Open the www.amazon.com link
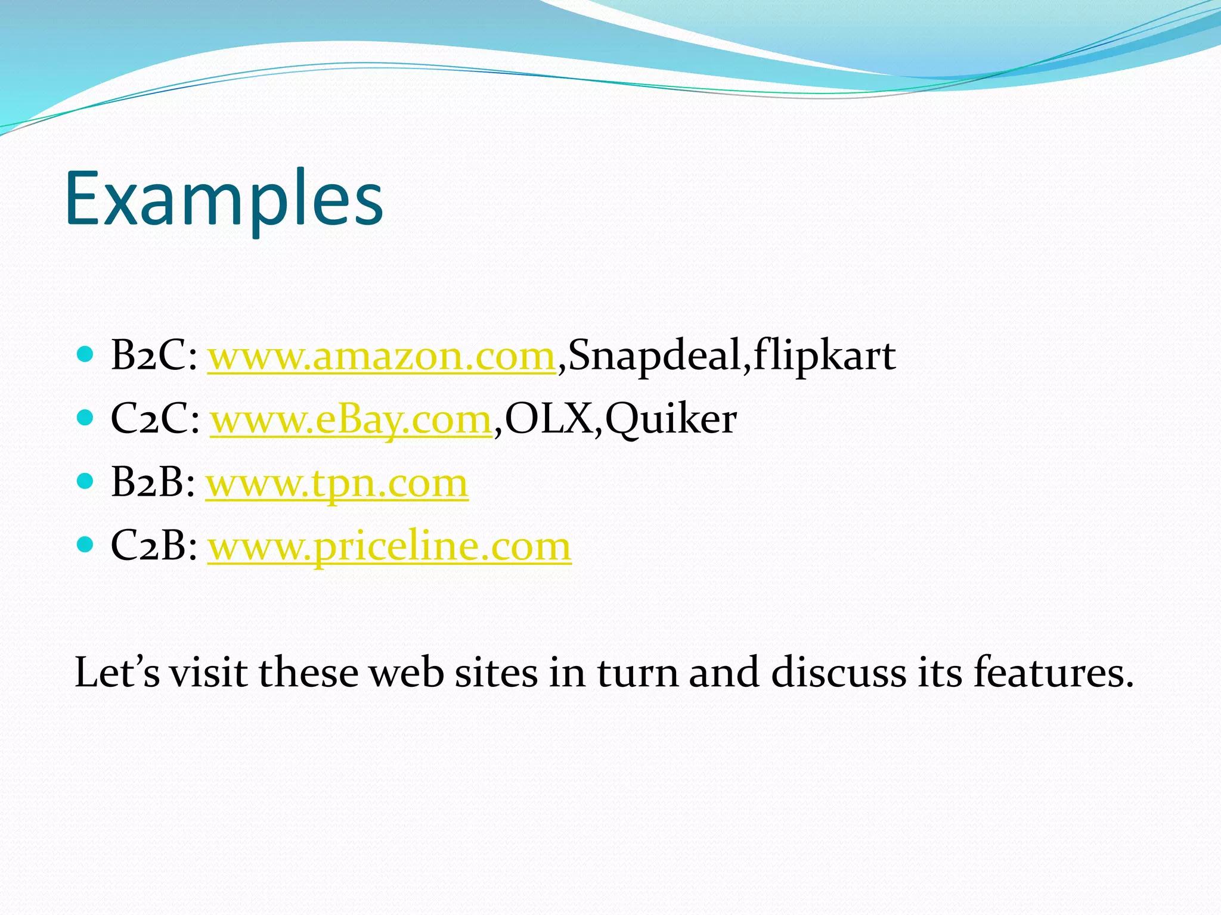click(382, 356)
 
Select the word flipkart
click(824, 356)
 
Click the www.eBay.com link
click(351, 420)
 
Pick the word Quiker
click(671, 420)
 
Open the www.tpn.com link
click(337, 483)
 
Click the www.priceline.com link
click(389, 546)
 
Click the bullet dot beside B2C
click(86, 355)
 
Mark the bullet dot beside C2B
click(86, 544)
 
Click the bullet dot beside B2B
click(86, 481)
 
